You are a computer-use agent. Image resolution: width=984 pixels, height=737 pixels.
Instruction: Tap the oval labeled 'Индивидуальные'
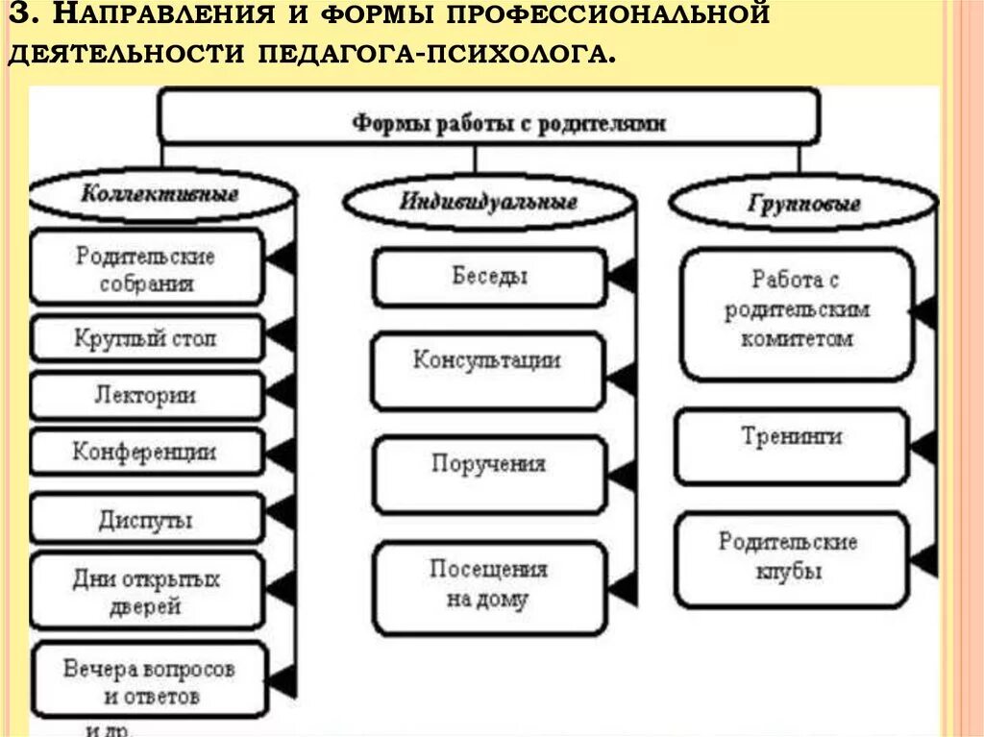pyautogui.click(x=488, y=203)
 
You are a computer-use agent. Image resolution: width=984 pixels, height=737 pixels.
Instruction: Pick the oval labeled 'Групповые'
pyautogui.click(x=802, y=204)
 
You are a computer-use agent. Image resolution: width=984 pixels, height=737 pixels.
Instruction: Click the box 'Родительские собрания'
pyautogui.click(x=146, y=269)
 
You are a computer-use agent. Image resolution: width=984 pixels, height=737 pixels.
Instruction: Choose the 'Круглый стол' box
pyautogui.click(x=146, y=338)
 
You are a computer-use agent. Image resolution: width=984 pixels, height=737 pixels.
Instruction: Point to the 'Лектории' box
pyautogui.click(x=146, y=395)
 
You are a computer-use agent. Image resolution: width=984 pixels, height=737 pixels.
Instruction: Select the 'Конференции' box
pyautogui.click(x=146, y=452)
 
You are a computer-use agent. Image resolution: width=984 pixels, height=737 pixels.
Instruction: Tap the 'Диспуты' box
pyautogui.click(x=146, y=520)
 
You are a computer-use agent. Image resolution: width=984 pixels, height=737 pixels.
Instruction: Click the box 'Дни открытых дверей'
pyautogui.click(x=146, y=592)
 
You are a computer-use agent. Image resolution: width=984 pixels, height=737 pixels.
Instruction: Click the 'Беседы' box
pyautogui.click(x=489, y=277)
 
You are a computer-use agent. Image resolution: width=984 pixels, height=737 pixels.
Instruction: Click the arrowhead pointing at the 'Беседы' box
pyautogui.click(x=623, y=277)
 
